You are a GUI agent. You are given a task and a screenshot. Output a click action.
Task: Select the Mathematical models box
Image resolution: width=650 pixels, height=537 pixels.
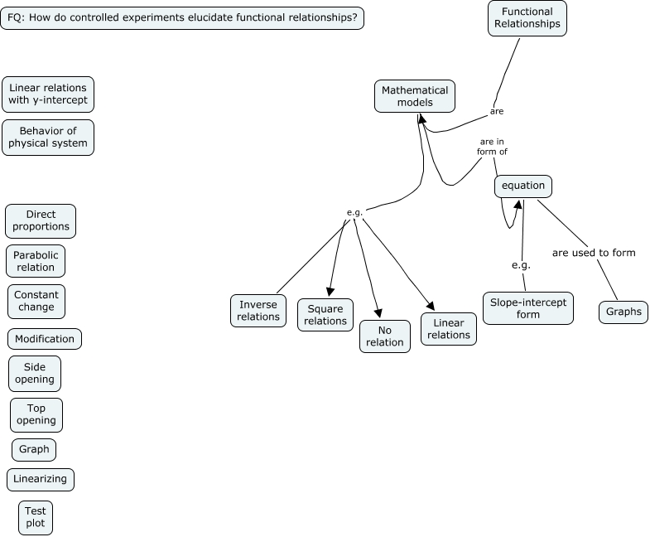coord(415,96)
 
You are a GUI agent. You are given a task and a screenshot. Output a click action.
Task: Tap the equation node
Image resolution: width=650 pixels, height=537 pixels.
coord(523,186)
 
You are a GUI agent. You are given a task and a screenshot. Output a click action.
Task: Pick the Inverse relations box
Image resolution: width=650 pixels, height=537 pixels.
coord(258,310)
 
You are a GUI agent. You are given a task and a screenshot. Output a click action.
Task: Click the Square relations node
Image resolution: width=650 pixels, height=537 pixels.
coord(325,315)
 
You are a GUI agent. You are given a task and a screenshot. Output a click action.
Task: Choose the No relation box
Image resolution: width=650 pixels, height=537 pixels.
coord(384,335)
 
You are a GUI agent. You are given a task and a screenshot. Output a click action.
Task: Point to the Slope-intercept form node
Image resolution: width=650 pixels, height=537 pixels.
coord(527,308)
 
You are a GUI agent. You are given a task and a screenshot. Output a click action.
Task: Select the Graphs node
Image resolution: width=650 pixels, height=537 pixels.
coord(623,312)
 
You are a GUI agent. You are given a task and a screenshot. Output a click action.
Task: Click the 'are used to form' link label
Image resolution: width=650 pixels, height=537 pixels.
coord(594,252)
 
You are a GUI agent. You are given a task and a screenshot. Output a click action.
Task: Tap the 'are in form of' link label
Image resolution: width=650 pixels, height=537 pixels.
coord(492,146)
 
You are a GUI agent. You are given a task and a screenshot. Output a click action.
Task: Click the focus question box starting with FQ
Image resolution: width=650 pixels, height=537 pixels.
coord(182,17)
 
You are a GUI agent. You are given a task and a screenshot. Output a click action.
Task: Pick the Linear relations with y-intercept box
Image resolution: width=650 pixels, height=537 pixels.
coord(48,94)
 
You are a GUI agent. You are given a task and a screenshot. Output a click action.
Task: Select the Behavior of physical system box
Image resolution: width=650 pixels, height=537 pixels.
coord(48,137)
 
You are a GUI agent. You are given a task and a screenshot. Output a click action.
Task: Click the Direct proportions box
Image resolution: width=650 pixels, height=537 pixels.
coord(41,220)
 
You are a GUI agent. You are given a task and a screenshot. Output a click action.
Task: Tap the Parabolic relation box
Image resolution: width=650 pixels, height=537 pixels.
coord(36,261)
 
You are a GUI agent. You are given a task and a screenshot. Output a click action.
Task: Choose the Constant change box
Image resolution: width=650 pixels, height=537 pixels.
coord(35,301)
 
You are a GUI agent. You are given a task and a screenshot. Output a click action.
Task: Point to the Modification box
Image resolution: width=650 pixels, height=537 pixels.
coord(45,338)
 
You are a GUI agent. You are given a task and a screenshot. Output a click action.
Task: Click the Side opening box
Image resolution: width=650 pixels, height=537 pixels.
coord(35,373)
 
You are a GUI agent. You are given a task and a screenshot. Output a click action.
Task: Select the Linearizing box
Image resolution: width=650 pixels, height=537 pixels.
coord(41,479)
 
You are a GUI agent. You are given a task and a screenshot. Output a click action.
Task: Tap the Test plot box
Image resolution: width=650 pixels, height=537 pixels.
coord(36,517)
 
